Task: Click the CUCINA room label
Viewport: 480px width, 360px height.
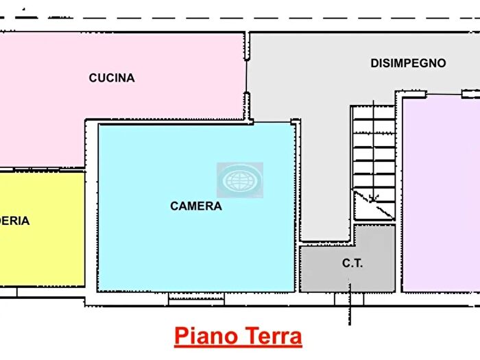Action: tap(112, 78)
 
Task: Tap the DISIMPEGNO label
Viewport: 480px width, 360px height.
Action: tap(408, 63)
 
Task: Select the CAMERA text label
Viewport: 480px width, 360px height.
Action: tap(196, 206)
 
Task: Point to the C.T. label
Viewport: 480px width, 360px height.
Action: tap(352, 263)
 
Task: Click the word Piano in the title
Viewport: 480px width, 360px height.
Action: tap(206, 337)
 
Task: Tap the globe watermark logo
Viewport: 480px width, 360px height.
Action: tap(240, 180)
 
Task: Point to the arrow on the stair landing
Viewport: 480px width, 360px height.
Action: tap(374, 200)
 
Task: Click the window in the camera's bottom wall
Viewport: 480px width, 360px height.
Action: tap(196, 298)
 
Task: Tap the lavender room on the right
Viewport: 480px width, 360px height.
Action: tap(442, 206)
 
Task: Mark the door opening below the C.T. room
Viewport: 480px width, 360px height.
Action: tap(349, 299)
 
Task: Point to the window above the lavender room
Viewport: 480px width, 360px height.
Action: tap(444, 93)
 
